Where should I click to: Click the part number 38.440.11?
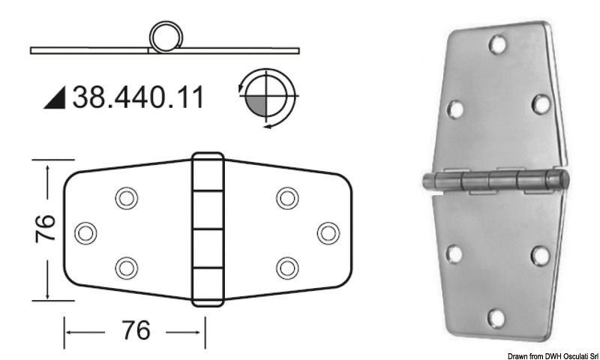(x=137, y=97)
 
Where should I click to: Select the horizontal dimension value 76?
(x=134, y=330)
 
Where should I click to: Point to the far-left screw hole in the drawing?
(x=87, y=232)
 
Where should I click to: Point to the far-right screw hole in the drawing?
(x=328, y=232)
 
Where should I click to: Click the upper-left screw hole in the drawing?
(x=125, y=198)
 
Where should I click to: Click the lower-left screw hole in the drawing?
(x=125, y=267)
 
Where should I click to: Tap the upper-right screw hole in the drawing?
(x=286, y=198)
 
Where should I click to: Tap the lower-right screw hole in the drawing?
(x=286, y=267)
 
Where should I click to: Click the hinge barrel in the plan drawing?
(x=207, y=229)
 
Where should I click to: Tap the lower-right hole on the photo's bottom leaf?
(x=538, y=255)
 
